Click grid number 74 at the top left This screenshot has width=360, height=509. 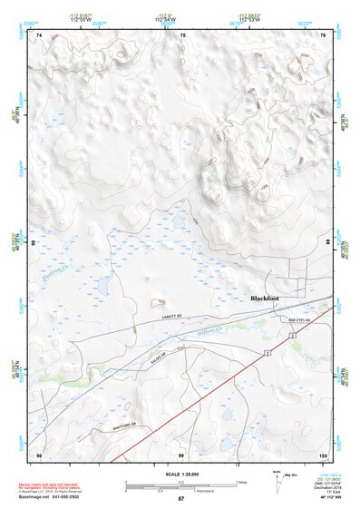tap(39, 34)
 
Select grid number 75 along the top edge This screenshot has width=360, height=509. tap(181, 34)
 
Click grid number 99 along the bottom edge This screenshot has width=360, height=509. tap(181, 454)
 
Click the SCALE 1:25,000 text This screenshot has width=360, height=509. tap(180, 475)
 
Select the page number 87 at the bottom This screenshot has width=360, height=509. tap(180, 499)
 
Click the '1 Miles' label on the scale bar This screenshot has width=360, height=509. tap(239, 482)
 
